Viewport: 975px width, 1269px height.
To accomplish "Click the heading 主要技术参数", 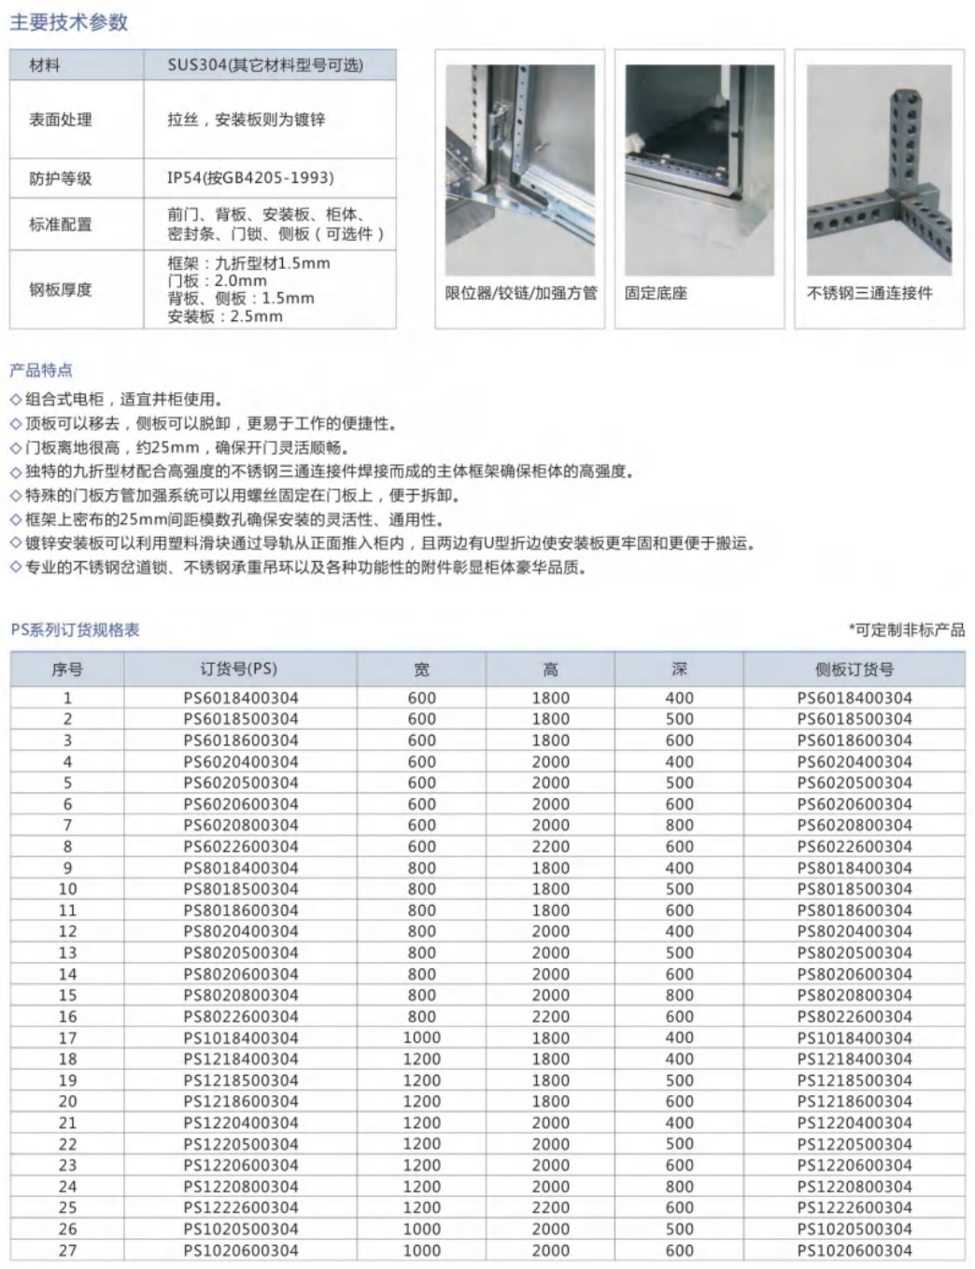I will (68, 22).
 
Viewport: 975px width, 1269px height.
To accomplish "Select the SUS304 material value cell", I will (265, 64).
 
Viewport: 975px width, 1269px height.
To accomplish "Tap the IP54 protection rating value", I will (250, 177).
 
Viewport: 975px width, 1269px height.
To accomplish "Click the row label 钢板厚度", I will (61, 289).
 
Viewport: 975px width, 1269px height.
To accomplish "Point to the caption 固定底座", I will (656, 293).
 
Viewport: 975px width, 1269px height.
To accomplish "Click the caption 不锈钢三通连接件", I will (869, 293).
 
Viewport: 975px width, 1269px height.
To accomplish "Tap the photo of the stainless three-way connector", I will (879, 169).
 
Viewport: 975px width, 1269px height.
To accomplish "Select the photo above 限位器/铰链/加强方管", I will (520, 169).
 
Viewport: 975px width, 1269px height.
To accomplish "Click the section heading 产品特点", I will (41, 370).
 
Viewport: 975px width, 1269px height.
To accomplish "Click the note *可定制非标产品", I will (906, 630).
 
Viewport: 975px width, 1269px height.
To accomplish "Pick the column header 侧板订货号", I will (854, 670).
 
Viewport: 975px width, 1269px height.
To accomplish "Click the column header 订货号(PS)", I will (239, 670).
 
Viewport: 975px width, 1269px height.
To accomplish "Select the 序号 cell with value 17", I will (67, 1038).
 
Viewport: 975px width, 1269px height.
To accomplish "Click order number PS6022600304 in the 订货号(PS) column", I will (241, 847).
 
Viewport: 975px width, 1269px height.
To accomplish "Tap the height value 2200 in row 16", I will (550, 1017).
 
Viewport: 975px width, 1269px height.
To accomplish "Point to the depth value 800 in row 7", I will (679, 825).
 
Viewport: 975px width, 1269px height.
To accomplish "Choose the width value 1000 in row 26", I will (421, 1230).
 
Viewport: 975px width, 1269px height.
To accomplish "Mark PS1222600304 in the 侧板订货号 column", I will (855, 1208).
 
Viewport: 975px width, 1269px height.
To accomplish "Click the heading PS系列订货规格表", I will (76, 630).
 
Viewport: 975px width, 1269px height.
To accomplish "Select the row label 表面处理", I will (61, 120).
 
